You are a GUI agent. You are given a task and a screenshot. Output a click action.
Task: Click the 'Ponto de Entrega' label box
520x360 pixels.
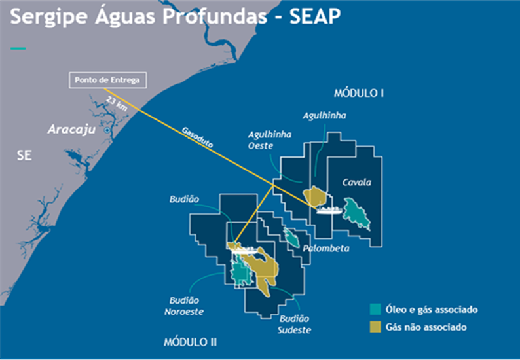107,80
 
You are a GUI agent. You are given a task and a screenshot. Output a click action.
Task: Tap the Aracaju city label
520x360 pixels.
71,130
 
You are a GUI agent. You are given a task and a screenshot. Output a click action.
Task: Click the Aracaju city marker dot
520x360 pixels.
107,131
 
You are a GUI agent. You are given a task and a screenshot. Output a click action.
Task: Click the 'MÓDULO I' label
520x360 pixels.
358,93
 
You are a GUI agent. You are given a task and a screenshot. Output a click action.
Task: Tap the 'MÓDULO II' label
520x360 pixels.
190,342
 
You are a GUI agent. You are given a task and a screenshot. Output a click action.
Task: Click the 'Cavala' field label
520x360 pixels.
357,182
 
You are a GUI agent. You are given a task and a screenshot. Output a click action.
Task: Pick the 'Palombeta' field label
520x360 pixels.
326,249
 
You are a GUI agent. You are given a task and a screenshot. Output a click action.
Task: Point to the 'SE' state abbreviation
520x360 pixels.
24,156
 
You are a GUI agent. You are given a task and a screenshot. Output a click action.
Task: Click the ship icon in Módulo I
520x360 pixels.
328,210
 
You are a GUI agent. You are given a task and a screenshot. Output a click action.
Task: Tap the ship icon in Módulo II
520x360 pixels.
242,248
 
